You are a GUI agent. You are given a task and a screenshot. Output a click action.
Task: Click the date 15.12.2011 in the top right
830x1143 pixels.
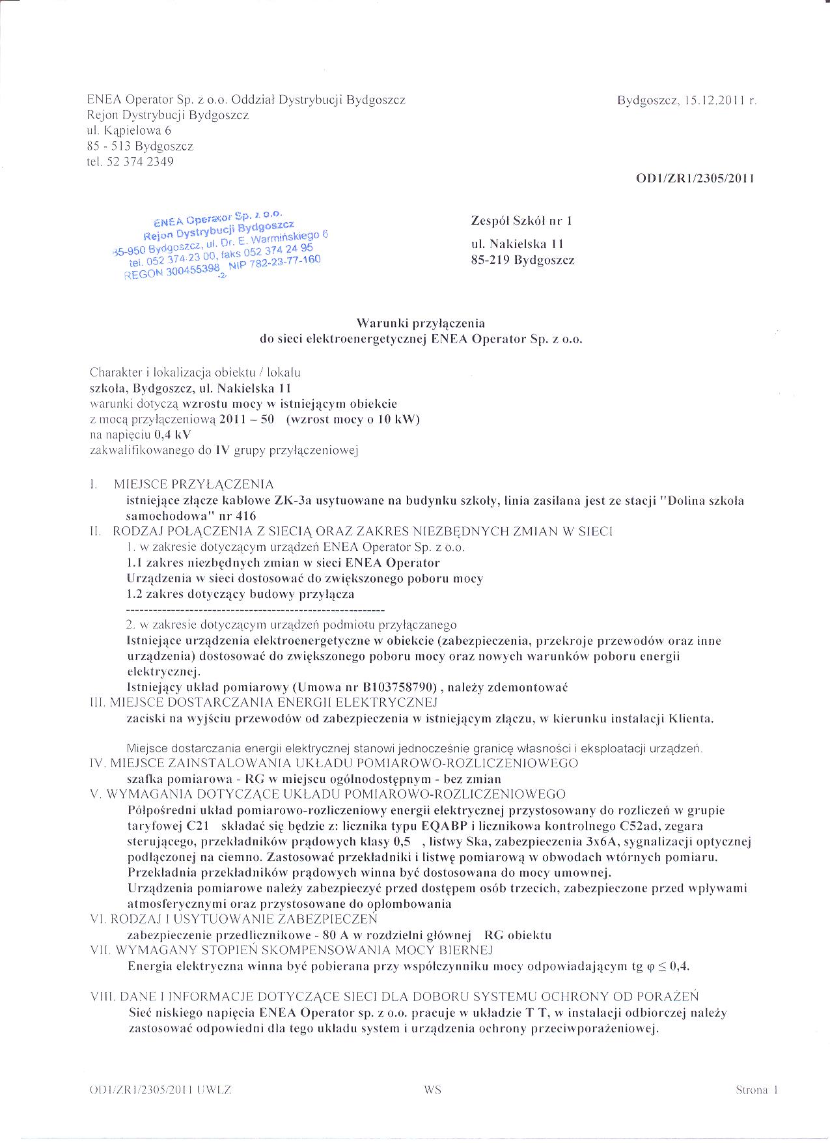[711, 101]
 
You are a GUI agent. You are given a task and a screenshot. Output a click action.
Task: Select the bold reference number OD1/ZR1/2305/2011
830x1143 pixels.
[695, 178]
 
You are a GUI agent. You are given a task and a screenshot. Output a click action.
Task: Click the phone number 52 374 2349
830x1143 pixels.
[139, 162]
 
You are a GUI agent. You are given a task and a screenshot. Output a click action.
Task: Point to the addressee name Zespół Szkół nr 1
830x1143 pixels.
[521, 221]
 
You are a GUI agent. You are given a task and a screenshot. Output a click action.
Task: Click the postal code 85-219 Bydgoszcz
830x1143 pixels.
[523, 260]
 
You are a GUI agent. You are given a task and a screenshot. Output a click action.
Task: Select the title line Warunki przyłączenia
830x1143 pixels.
[420, 323]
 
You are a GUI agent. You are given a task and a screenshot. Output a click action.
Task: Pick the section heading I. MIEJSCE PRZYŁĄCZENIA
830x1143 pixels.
[183, 485]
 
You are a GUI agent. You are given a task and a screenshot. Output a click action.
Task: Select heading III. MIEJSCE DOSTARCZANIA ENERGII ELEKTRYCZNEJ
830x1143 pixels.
[264, 703]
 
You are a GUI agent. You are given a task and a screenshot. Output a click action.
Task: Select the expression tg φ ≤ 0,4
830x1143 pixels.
[654, 967]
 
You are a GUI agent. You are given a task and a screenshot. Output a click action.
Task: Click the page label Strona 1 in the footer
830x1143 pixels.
[757, 1090]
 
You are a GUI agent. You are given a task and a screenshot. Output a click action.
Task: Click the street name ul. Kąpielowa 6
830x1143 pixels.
[129, 130]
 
